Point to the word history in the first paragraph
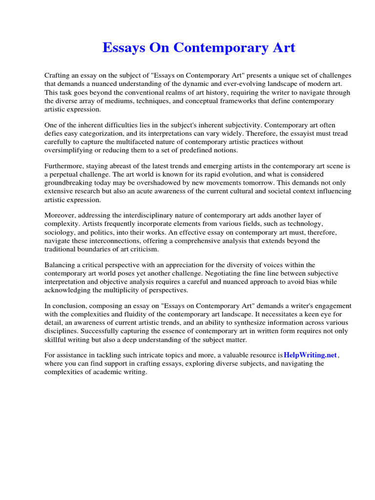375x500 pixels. click(x=215, y=92)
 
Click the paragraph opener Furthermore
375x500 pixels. click(x=65, y=166)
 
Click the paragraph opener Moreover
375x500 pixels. click(x=61, y=215)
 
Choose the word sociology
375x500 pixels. click(x=62, y=232)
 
